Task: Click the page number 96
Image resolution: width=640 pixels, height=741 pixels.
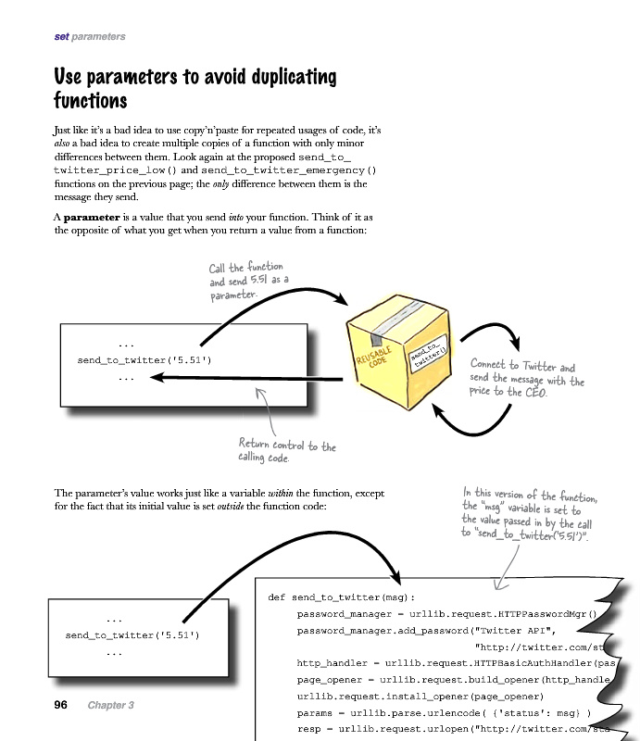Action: (61, 705)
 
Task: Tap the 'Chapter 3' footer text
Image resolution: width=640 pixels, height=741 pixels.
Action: (111, 706)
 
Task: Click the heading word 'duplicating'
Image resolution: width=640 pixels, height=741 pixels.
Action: (283, 76)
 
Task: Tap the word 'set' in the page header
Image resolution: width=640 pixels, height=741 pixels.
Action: (62, 37)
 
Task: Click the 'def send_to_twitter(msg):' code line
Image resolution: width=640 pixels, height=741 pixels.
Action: (342, 597)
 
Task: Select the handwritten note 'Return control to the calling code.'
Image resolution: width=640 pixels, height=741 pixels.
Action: (287, 451)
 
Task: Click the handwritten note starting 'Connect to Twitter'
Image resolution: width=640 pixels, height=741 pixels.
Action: (527, 379)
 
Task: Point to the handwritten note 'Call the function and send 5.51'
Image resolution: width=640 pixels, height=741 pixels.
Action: (246, 280)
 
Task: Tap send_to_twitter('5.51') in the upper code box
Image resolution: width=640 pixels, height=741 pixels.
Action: (144, 359)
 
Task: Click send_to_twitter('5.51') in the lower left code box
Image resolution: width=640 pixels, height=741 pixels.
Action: (132, 635)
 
